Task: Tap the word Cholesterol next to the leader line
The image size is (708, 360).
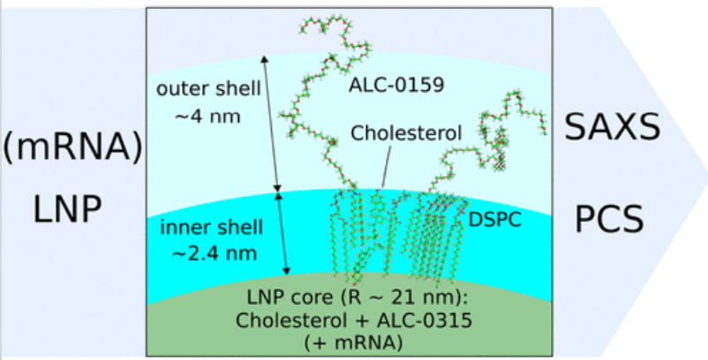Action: point(406,134)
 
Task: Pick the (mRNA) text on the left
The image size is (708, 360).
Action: point(73,146)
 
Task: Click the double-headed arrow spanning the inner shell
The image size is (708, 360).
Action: point(280,233)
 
